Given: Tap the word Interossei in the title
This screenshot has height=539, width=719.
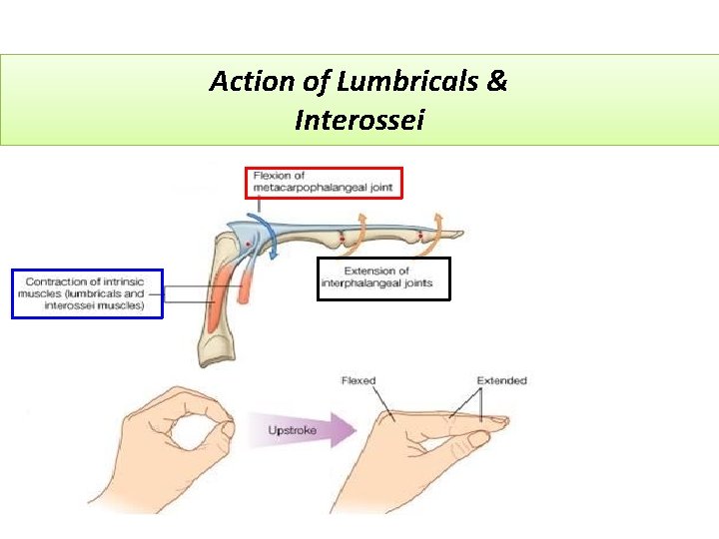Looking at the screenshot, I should (x=359, y=121).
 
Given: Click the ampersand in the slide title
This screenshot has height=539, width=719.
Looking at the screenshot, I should (x=497, y=82).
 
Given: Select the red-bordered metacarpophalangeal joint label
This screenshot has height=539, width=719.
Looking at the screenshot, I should (x=324, y=182).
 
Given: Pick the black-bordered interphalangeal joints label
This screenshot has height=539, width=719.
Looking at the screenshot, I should (x=383, y=277).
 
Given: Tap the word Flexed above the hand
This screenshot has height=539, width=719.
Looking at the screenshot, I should (x=359, y=380).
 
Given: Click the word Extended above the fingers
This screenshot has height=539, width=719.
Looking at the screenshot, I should (x=501, y=380).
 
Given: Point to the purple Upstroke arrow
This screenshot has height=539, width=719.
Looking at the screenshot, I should (x=311, y=431).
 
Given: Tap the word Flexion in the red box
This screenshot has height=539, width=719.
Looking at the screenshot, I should (x=273, y=176).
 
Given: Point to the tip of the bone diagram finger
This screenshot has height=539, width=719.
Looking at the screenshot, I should (x=459, y=236).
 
